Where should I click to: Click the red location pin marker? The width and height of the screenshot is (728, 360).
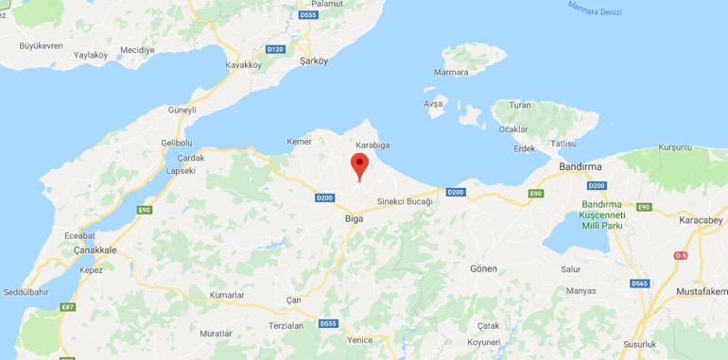(x=359, y=164)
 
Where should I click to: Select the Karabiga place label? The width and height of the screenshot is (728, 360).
(x=373, y=146)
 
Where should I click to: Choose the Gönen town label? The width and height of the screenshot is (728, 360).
(x=483, y=269)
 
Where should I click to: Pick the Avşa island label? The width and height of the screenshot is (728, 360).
(x=433, y=102)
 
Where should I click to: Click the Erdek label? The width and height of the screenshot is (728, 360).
(x=525, y=147)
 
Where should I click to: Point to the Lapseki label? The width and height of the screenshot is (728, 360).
(x=181, y=171)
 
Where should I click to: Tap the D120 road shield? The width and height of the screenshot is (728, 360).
(x=276, y=48)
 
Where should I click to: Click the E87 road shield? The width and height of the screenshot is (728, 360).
(x=67, y=306)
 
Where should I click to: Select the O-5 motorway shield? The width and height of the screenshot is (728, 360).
(x=681, y=256)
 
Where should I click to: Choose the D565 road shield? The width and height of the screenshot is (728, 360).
(x=640, y=283)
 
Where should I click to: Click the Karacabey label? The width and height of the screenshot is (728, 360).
(x=702, y=220)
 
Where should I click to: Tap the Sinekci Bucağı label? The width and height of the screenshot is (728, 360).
(x=405, y=201)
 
